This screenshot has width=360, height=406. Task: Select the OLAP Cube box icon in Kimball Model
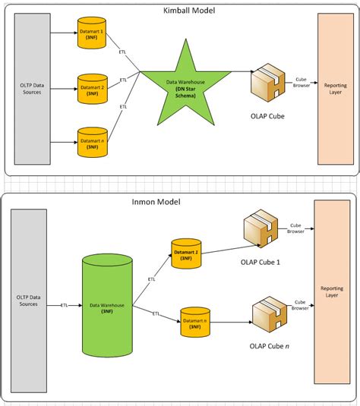pos(267,84)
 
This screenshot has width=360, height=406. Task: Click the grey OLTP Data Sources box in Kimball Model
pos(31,92)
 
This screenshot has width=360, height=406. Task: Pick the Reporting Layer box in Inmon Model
pos(331,292)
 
